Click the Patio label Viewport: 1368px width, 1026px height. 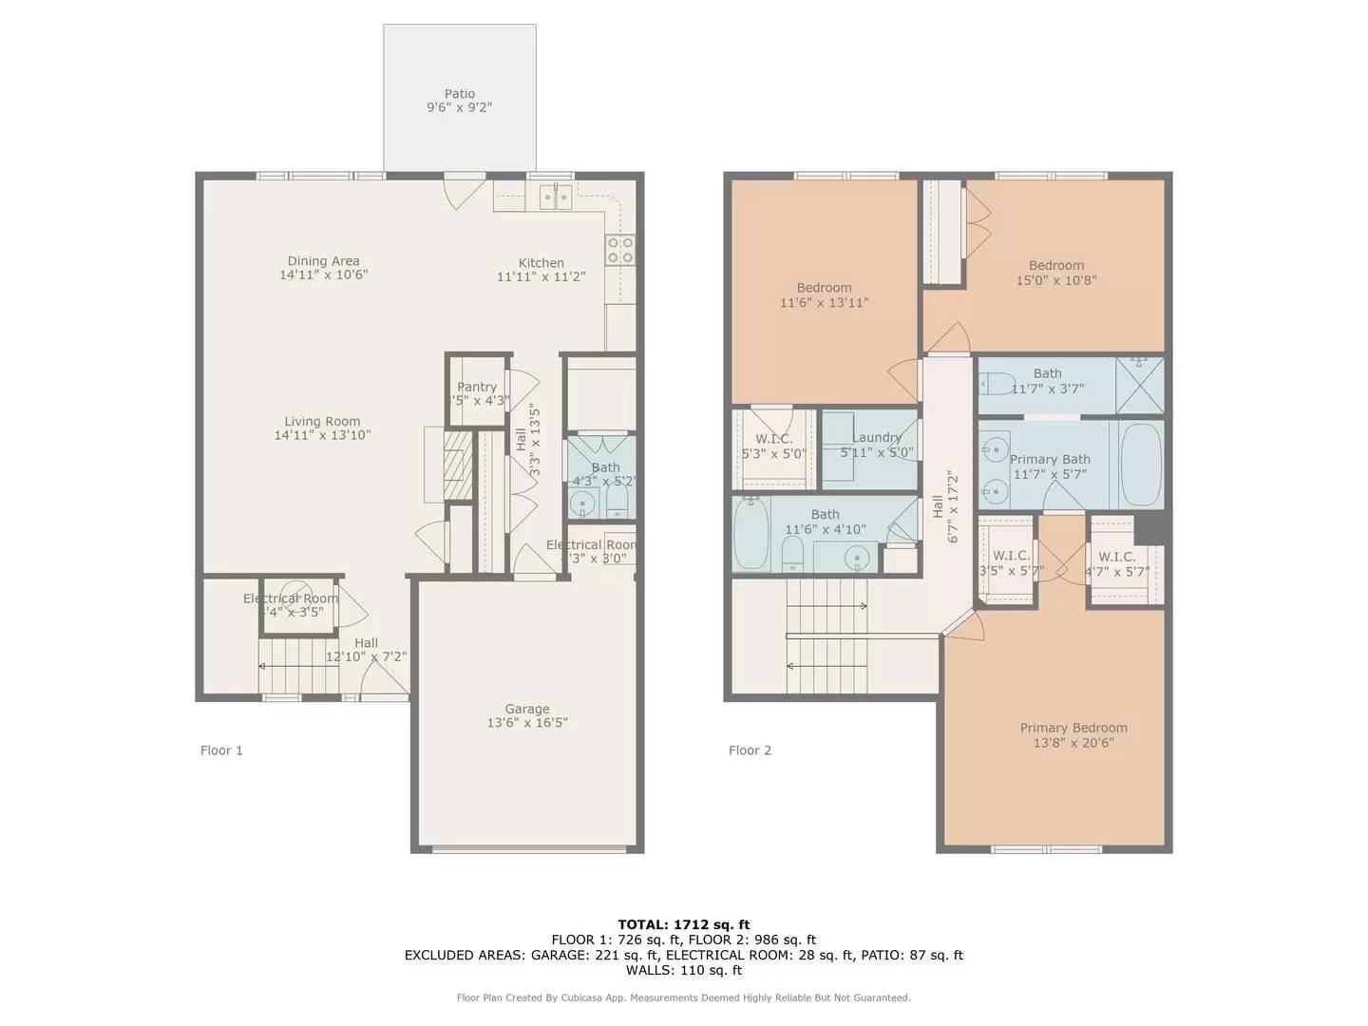click(460, 94)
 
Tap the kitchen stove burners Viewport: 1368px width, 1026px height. click(620, 250)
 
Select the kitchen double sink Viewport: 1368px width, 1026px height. click(555, 198)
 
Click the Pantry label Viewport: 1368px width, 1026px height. click(477, 387)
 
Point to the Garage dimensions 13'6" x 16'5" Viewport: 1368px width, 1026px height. click(527, 723)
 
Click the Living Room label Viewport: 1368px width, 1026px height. click(322, 422)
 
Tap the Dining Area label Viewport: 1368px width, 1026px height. click(323, 261)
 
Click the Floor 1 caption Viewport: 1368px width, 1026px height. click(221, 750)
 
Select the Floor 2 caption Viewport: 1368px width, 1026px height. click(750, 750)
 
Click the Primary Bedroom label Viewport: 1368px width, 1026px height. click(1073, 728)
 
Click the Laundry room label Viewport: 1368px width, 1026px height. click(876, 438)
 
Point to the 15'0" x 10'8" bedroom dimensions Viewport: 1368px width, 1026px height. click(1056, 281)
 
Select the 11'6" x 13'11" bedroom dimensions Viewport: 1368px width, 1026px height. click(824, 303)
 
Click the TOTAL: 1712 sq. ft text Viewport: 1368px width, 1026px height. click(683, 924)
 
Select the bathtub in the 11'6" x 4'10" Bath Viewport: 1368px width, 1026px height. click(750, 534)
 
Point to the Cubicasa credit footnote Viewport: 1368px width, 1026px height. click(683, 997)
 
